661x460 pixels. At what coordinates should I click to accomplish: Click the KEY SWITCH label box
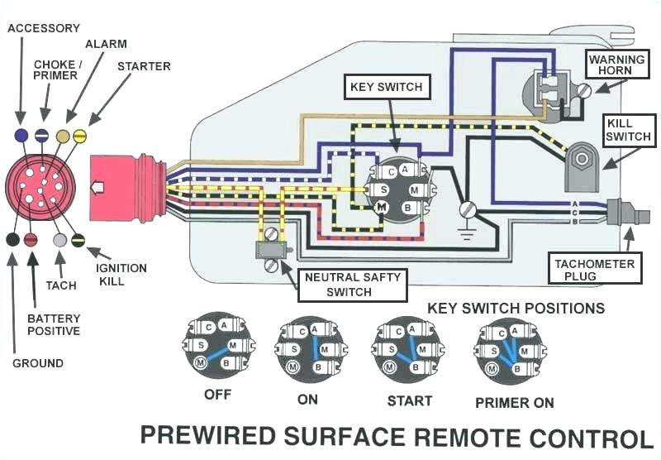[x=386, y=87]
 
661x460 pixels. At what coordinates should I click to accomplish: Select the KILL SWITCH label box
[x=628, y=130]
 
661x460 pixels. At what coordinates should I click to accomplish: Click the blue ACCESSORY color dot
[x=21, y=134]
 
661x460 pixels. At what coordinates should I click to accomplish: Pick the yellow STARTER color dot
[x=80, y=135]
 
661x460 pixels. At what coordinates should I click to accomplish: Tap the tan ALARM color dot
[x=62, y=135]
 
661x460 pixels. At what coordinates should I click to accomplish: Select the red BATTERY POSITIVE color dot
[x=31, y=240]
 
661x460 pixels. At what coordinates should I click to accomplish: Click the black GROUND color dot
[x=12, y=240]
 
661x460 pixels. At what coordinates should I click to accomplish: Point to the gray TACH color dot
[x=59, y=240]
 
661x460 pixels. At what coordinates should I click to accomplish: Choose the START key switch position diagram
[x=408, y=345]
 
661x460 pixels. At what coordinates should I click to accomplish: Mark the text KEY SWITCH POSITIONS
[x=516, y=308]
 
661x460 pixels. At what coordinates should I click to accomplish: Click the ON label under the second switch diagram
[x=307, y=398]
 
